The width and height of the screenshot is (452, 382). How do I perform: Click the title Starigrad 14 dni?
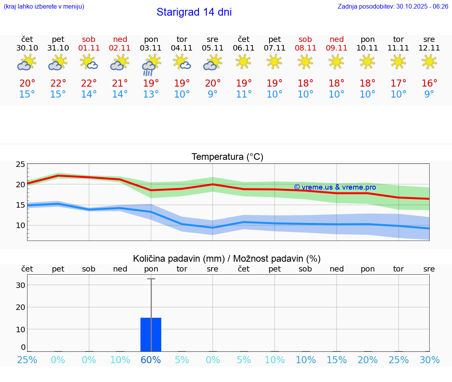[x=194, y=12]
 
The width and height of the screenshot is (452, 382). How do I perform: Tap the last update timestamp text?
[x=393, y=7]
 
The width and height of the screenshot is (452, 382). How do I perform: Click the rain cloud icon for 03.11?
[x=151, y=65]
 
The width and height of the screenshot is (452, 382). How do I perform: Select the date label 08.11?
[x=305, y=48]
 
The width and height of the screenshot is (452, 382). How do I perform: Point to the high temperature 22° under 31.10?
[x=58, y=83]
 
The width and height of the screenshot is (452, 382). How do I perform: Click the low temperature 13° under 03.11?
[x=151, y=94]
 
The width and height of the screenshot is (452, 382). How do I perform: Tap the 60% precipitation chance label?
[x=151, y=360]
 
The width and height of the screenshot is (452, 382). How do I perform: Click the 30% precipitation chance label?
[x=429, y=360]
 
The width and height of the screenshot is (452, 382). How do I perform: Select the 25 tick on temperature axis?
[x=20, y=164]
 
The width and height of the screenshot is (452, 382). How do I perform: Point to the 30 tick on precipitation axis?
[x=20, y=285]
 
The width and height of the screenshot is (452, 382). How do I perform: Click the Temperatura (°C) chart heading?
[x=227, y=157]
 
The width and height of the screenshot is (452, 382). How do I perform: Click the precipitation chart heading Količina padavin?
[x=227, y=259]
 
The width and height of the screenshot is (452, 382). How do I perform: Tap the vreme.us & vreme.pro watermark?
[x=335, y=187]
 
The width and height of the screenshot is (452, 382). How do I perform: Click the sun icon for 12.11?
[x=429, y=62]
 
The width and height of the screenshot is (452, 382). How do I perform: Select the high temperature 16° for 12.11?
[x=429, y=83]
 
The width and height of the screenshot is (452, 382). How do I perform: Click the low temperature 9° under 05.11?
[x=213, y=94]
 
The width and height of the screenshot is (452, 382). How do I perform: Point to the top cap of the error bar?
[x=151, y=279]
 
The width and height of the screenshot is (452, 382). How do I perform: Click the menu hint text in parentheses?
[x=44, y=7]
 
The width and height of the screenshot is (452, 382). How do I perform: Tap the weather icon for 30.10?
[x=27, y=63]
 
